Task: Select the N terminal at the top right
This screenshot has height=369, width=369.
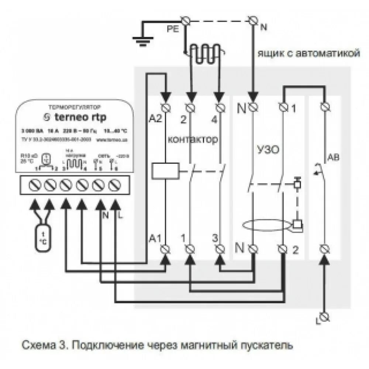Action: (x=253, y=20)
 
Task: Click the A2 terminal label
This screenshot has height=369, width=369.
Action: (x=155, y=118)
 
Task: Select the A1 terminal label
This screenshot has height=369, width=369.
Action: (x=155, y=238)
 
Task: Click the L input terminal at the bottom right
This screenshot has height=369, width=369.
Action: (x=325, y=317)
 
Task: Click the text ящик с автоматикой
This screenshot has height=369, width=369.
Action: (x=308, y=54)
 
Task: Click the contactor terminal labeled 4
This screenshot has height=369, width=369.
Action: (x=220, y=107)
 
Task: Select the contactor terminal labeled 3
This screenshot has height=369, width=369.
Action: (x=220, y=249)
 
